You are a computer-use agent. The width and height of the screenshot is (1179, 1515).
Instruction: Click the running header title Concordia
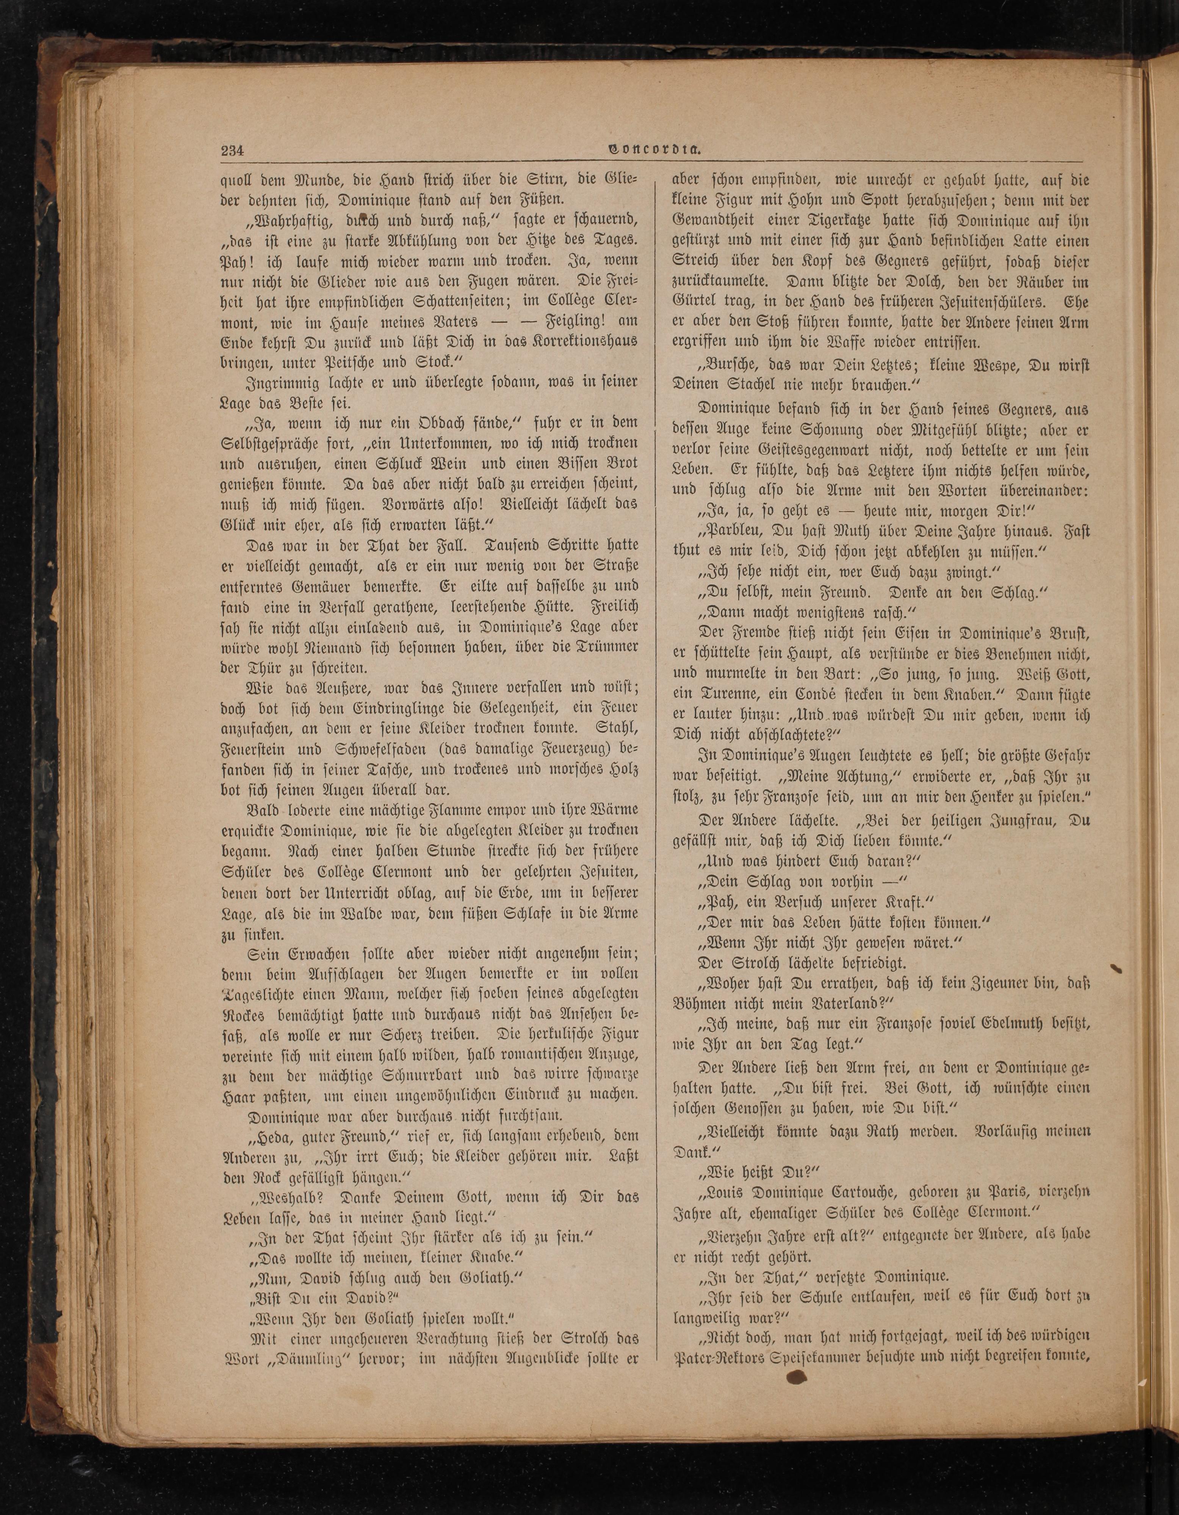coord(653,148)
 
